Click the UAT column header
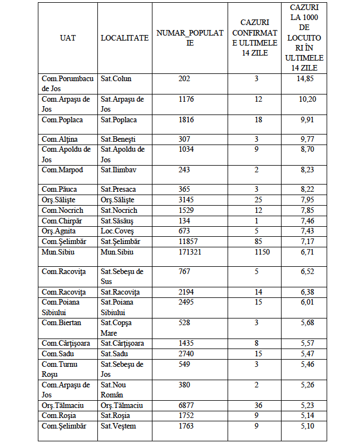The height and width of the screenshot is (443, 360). tap(68, 38)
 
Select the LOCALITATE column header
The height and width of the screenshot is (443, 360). tap(125, 38)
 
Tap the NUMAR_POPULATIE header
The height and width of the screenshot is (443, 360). tap(190, 38)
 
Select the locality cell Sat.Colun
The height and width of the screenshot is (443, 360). tap(116, 79)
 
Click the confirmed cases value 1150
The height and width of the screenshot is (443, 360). tap(257, 252)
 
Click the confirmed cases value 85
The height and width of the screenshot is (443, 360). tap(257, 242)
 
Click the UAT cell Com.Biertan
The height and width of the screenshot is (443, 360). tap(61, 323)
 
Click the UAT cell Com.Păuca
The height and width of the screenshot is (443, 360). tap(60, 190)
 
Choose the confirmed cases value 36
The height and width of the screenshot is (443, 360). tap(257, 406)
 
